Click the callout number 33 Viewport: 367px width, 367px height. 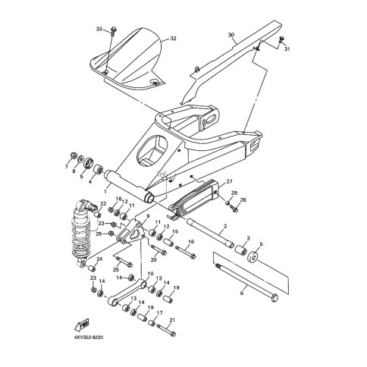99,29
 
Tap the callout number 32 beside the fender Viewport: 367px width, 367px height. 173,39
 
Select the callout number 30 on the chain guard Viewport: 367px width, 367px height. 231,35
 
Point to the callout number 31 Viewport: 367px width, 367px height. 287,49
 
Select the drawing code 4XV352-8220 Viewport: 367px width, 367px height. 89,337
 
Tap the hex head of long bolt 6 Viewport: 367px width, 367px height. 274,298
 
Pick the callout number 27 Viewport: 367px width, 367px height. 229,181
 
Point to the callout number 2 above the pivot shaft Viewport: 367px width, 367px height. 225,226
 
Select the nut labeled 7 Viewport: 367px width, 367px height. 74,155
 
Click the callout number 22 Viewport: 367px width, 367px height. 103,204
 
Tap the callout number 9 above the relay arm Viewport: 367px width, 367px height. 148,215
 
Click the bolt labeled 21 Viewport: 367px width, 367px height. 166,329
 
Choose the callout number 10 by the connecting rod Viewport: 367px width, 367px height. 150,274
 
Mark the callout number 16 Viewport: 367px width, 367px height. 191,242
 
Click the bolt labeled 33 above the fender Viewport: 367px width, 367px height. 113,30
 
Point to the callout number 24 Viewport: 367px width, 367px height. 99,259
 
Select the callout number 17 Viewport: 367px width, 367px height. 159,312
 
